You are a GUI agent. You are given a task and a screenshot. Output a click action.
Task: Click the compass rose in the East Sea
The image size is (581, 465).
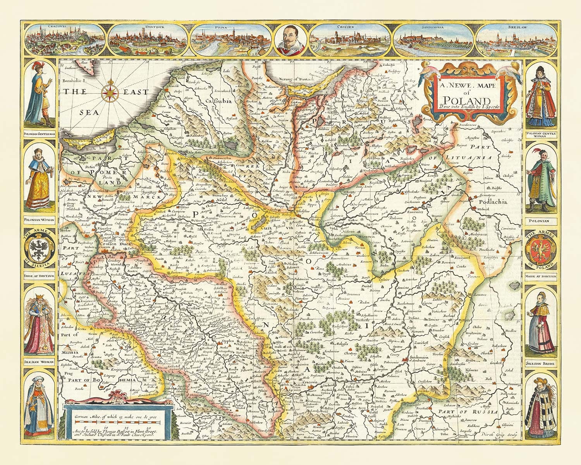click(110, 92)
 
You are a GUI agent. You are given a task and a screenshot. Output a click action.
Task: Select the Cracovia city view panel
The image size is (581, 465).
click(65, 40)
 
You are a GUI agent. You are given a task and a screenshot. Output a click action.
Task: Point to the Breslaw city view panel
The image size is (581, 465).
click(517, 40)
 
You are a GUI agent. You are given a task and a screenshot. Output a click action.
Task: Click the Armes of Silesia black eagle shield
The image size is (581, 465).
click(38, 248)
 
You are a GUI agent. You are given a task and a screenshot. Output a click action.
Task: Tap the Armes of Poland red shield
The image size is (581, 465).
click(541, 248)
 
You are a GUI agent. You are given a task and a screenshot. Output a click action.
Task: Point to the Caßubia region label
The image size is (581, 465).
click(218, 102)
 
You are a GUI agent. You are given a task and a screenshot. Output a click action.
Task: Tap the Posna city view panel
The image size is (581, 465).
click(232, 40)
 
